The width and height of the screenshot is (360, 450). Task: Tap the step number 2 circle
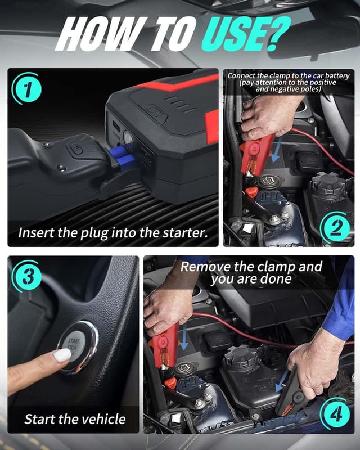pos(335,228)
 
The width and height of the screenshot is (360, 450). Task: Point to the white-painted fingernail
pos(61,355)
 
